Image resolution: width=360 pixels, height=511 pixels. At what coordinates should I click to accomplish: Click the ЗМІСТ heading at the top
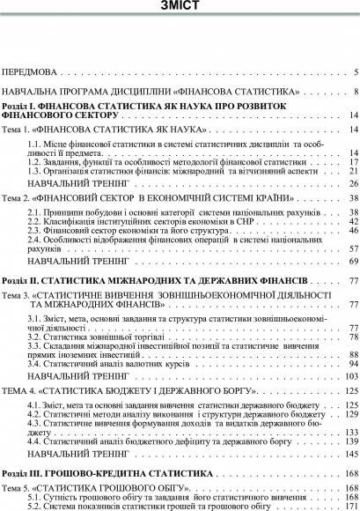tap(180, 6)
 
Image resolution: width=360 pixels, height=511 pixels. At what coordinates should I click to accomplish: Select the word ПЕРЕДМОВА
tap(31, 70)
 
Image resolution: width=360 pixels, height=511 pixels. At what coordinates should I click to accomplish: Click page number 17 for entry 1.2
tap(352, 162)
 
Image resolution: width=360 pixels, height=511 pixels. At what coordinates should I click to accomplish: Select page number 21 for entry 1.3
tap(352, 171)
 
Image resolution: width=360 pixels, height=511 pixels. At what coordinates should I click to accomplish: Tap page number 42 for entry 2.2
tap(352, 223)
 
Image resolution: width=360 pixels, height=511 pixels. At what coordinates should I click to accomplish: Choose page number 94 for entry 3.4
tap(352, 363)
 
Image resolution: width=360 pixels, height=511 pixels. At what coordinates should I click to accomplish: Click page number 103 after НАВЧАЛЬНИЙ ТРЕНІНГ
tap(350, 376)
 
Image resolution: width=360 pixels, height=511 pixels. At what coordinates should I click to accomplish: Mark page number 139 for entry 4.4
tap(350, 441)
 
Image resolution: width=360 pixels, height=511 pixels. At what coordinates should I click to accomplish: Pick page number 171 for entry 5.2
tap(350, 507)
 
